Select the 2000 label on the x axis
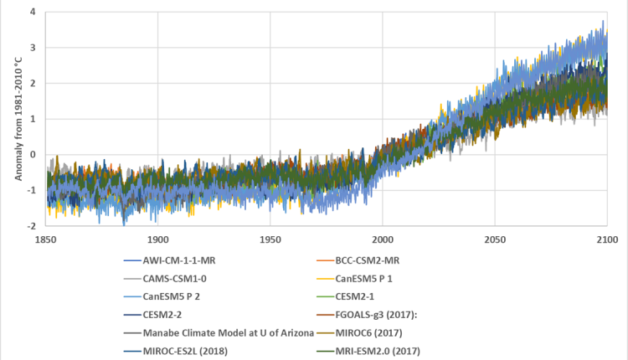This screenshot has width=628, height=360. (383, 239)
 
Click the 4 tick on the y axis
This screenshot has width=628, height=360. (32, 13)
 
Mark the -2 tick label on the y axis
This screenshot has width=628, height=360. (30, 226)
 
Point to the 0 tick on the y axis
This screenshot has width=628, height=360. (32, 155)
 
